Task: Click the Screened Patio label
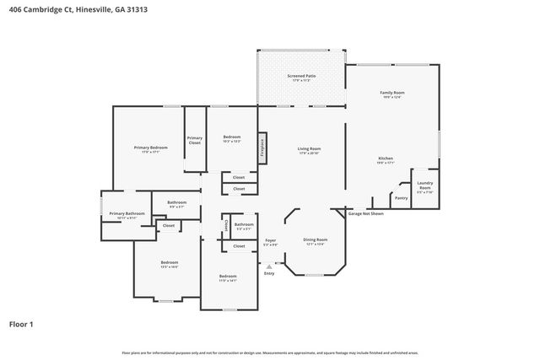[x=301, y=76]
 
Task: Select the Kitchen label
[x=386, y=159]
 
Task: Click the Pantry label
[x=401, y=198]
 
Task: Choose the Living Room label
[x=309, y=149]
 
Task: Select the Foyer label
[x=270, y=240]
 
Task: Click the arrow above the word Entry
[x=269, y=266]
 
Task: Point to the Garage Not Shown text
[x=365, y=214]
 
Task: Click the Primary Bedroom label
[x=150, y=148]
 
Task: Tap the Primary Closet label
[x=195, y=141]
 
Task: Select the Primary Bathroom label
[x=127, y=213]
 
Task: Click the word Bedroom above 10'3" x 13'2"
[x=232, y=137]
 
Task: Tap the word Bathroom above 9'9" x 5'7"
[x=176, y=202]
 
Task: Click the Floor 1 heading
[x=21, y=324]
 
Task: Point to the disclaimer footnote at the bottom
[x=270, y=352]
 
